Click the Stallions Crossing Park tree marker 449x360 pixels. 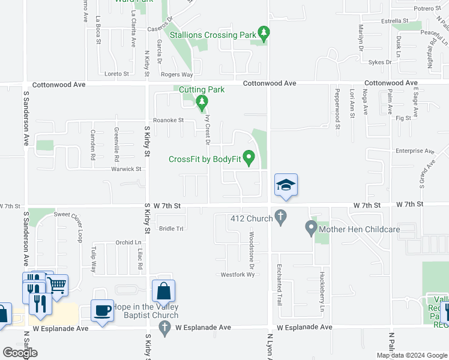tap(262, 32)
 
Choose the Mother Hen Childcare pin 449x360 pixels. tap(310, 227)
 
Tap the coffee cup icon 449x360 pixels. tap(102, 311)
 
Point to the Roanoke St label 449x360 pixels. tap(169, 120)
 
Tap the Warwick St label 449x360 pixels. tap(125, 169)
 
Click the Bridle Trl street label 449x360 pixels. tap(170, 229)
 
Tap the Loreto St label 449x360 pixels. tap(117, 74)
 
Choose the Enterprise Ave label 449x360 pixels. tap(414, 151)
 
